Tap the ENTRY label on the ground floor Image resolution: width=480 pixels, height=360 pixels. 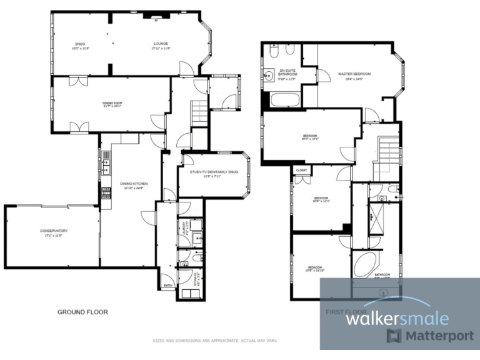pyautogui.click(x=167, y=286)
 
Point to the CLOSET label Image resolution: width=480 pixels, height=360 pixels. pyautogui.click(x=301, y=169)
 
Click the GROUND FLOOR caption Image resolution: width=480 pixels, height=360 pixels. pyautogui.click(x=82, y=311)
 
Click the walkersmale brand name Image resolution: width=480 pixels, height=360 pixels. pyautogui.click(x=397, y=318)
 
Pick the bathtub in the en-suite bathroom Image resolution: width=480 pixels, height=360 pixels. pyautogui.click(x=284, y=99)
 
